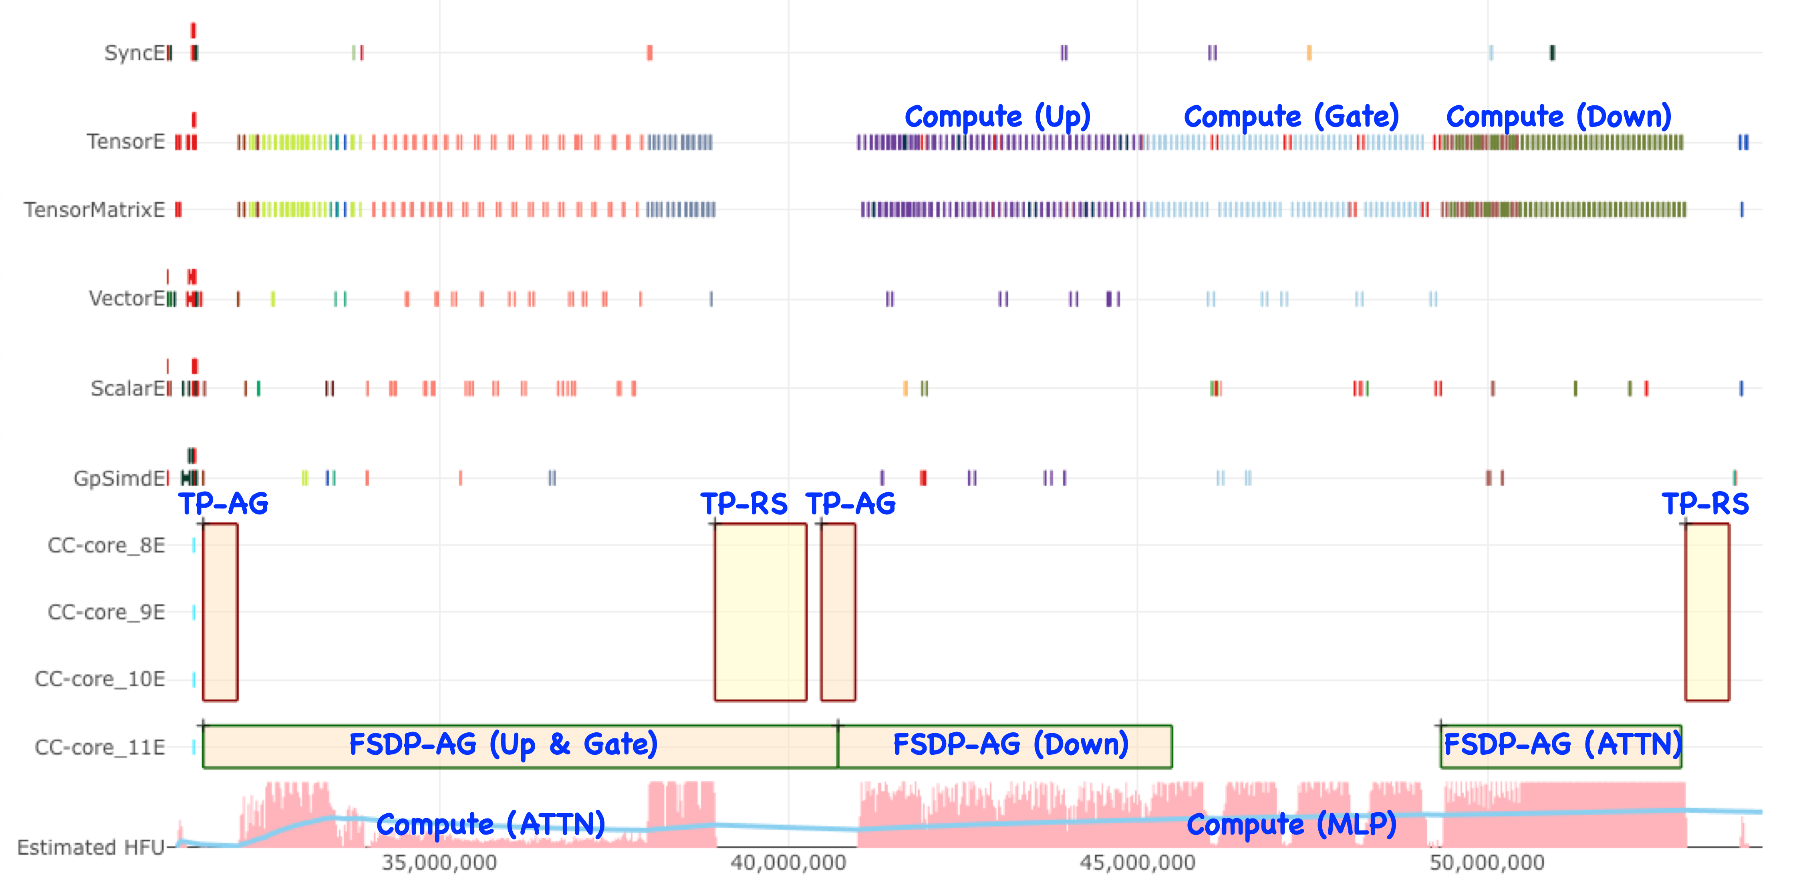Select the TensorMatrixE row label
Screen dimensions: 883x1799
pyautogui.click(x=94, y=210)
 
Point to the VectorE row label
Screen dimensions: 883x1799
pyautogui.click(x=127, y=299)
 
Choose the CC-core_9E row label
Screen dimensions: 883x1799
pyautogui.click(x=106, y=613)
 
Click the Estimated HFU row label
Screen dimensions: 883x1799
pyautogui.click(x=91, y=847)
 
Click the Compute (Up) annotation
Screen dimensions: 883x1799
pyautogui.click(x=997, y=117)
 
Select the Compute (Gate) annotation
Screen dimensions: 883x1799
pyautogui.click(x=1291, y=117)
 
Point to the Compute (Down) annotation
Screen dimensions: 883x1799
pyautogui.click(x=1558, y=117)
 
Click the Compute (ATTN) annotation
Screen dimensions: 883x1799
pyautogui.click(x=490, y=825)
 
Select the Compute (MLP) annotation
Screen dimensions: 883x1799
pyautogui.click(x=1291, y=825)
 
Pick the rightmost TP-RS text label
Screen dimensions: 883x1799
pyautogui.click(x=1705, y=504)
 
